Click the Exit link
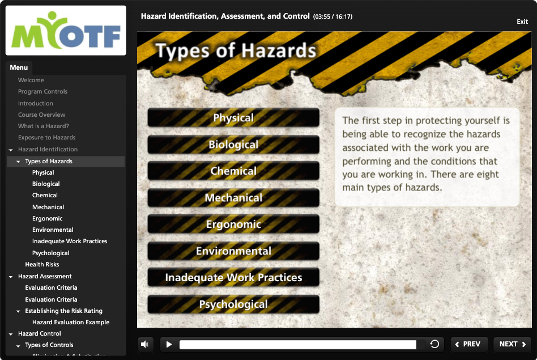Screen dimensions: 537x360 (x=522, y=22)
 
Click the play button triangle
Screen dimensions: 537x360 (x=169, y=344)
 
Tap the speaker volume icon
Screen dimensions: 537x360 (x=144, y=344)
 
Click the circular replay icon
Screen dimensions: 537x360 (x=434, y=344)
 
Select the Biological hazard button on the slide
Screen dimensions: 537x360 (x=233, y=145)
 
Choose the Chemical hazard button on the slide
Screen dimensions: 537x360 (x=233, y=171)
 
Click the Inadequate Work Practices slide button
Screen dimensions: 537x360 (x=233, y=277)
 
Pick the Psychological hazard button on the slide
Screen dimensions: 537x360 (x=233, y=304)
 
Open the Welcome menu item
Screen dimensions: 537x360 (x=31, y=80)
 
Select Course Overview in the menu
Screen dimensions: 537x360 (x=41, y=115)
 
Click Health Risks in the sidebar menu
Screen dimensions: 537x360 (x=42, y=264)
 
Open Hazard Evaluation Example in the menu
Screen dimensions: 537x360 (x=71, y=322)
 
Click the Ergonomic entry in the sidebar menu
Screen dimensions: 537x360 (x=47, y=218)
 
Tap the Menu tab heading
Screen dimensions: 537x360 (x=19, y=67)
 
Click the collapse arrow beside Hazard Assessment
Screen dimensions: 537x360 (x=11, y=277)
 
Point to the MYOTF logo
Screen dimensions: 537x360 (x=66, y=31)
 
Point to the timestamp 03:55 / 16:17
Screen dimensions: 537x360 (x=333, y=16)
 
